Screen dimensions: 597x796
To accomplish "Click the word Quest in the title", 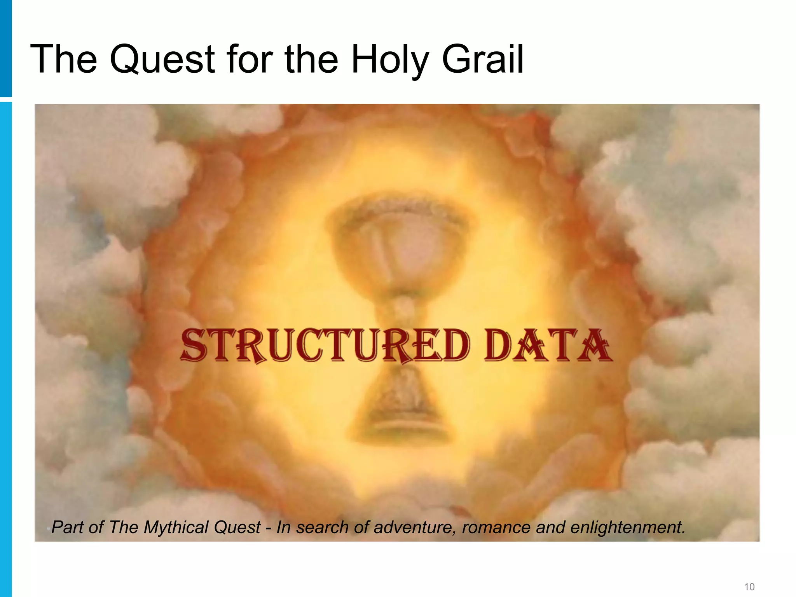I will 162,59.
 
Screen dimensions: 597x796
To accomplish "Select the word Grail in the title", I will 483,59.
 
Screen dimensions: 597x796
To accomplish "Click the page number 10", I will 749,587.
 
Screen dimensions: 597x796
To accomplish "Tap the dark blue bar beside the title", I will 6,48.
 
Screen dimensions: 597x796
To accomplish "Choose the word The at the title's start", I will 63,59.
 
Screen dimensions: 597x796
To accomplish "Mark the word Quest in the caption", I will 237,528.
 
